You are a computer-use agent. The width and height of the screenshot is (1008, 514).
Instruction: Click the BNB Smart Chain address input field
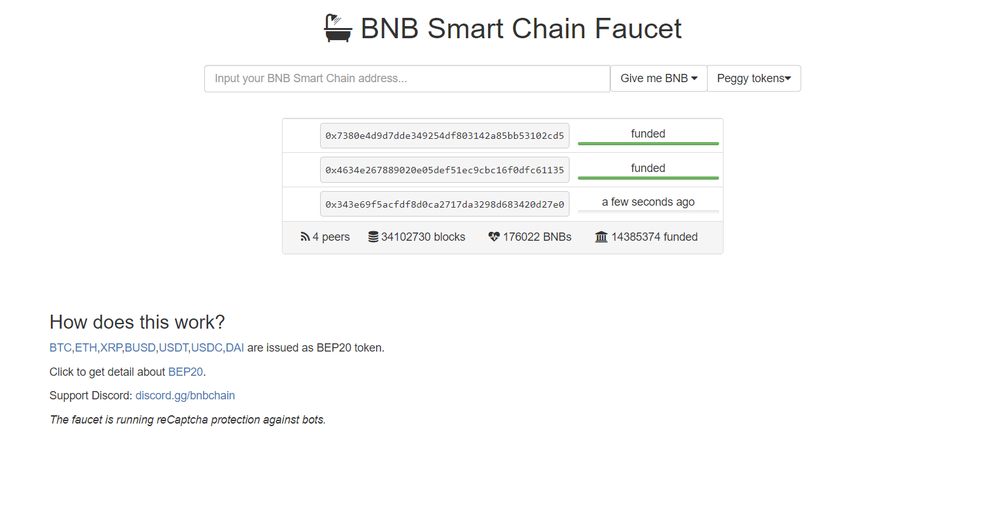coord(407,79)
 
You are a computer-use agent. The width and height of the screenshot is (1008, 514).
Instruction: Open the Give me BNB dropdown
coord(659,78)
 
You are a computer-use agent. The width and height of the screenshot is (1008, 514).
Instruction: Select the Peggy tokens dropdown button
coord(753,78)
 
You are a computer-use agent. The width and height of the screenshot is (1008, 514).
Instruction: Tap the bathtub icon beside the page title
coord(338,28)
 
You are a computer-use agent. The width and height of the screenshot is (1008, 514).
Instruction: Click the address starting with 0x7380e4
coord(445,136)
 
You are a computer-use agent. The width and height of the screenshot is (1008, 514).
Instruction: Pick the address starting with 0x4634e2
coord(445,170)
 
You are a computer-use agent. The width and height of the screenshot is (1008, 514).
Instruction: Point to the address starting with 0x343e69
coord(445,204)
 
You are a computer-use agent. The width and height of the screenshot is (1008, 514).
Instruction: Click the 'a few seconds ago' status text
coord(648,202)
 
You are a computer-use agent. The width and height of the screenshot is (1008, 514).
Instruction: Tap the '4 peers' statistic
coord(325,237)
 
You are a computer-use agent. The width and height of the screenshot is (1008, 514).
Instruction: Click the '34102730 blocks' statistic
coord(417,237)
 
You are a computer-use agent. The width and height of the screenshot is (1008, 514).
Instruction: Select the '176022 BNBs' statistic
coord(529,237)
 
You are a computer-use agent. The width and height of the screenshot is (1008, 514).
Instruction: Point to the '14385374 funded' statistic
coord(646,237)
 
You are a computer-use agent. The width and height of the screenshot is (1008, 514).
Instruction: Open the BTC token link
coord(60,348)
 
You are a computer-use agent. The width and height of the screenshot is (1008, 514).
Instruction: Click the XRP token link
coord(111,348)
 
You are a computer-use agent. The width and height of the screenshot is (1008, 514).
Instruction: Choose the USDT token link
coord(173,348)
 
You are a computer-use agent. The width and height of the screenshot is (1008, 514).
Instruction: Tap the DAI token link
coord(234,348)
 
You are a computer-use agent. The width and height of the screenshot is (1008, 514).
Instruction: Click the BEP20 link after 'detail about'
coord(185,372)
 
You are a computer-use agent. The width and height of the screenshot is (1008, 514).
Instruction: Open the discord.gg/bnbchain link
coord(185,396)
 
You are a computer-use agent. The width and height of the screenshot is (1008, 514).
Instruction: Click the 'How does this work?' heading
coord(137,322)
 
